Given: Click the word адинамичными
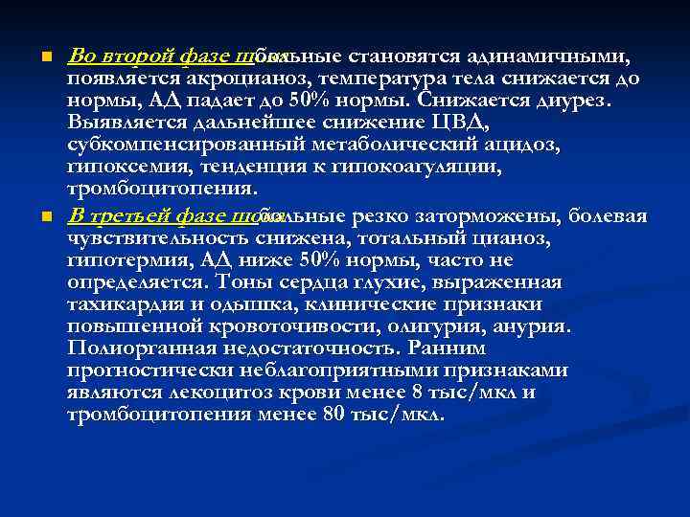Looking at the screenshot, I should (543, 56).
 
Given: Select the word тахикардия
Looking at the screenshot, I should (125, 303).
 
